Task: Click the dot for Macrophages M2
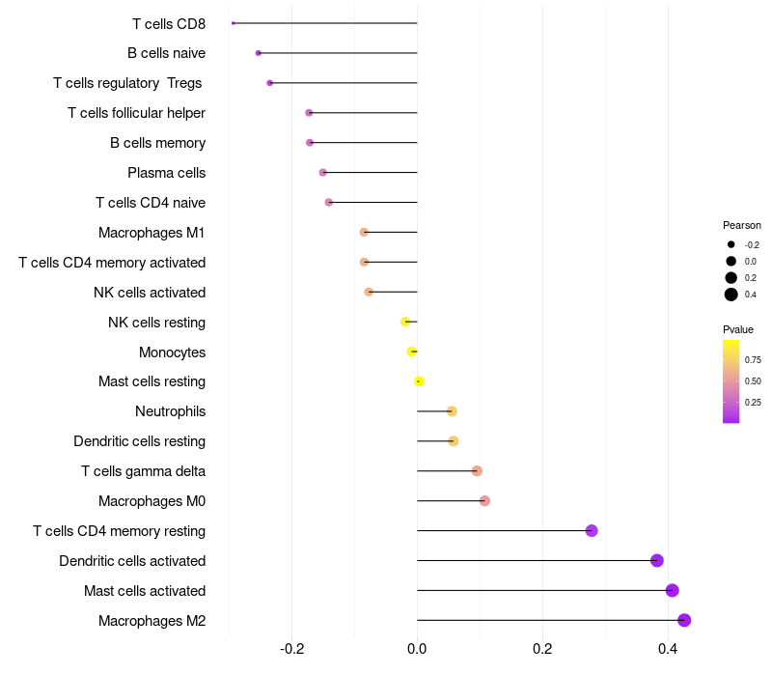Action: (684, 620)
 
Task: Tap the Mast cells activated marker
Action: (673, 590)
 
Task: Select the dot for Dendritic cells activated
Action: (657, 560)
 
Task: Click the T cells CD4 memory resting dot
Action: (592, 530)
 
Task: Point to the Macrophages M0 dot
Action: (484, 500)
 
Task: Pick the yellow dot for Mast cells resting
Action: (419, 381)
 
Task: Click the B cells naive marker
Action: (258, 53)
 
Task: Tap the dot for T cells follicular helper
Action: (309, 113)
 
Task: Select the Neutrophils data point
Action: (452, 411)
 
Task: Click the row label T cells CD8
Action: (169, 23)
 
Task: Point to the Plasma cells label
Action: (166, 173)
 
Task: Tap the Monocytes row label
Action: (172, 352)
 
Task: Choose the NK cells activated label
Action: (150, 292)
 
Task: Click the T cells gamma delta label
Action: (143, 471)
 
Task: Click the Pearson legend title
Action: (742, 225)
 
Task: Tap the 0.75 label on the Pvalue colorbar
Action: (753, 359)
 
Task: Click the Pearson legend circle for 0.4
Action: (731, 295)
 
